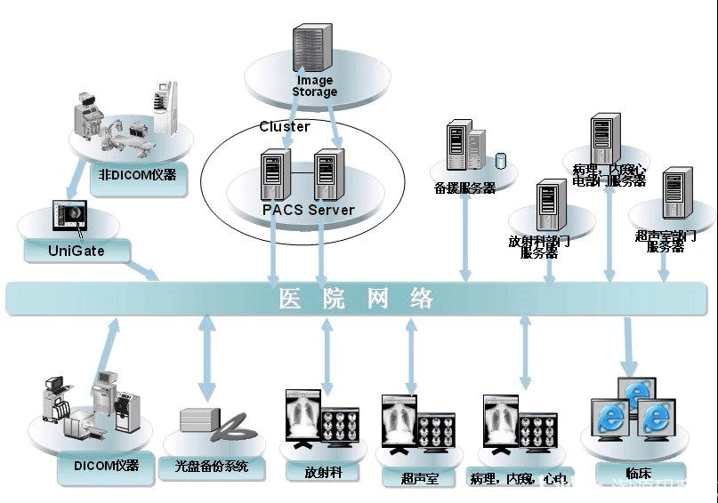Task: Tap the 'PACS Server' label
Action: [308, 211]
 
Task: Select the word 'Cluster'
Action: [285, 126]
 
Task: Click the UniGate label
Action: [77, 251]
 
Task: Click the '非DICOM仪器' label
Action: [138, 174]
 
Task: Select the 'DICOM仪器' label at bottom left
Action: [105, 465]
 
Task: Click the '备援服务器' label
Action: [464, 188]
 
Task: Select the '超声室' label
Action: [420, 478]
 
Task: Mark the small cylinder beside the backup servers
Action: [500, 161]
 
